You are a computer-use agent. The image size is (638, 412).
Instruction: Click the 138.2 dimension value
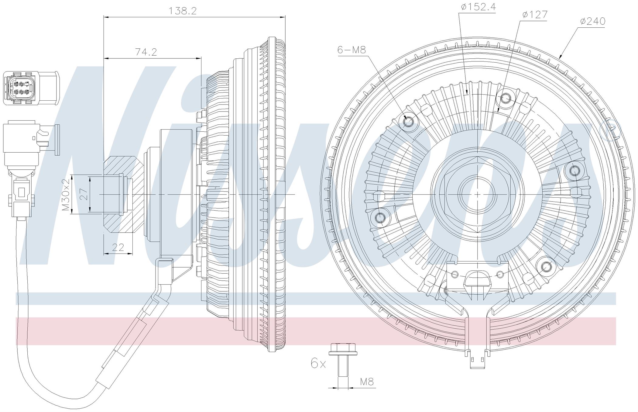click(183, 11)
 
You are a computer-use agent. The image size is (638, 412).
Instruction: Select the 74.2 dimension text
click(146, 52)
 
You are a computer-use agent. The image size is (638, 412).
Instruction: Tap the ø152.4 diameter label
click(478, 7)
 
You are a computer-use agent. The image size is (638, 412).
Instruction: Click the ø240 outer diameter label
click(592, 21)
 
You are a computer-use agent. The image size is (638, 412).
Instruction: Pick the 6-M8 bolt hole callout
click(352, 50)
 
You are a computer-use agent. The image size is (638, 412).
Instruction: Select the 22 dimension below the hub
click(118, 247)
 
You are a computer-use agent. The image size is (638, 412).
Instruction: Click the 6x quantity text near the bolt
click(318, 363)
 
